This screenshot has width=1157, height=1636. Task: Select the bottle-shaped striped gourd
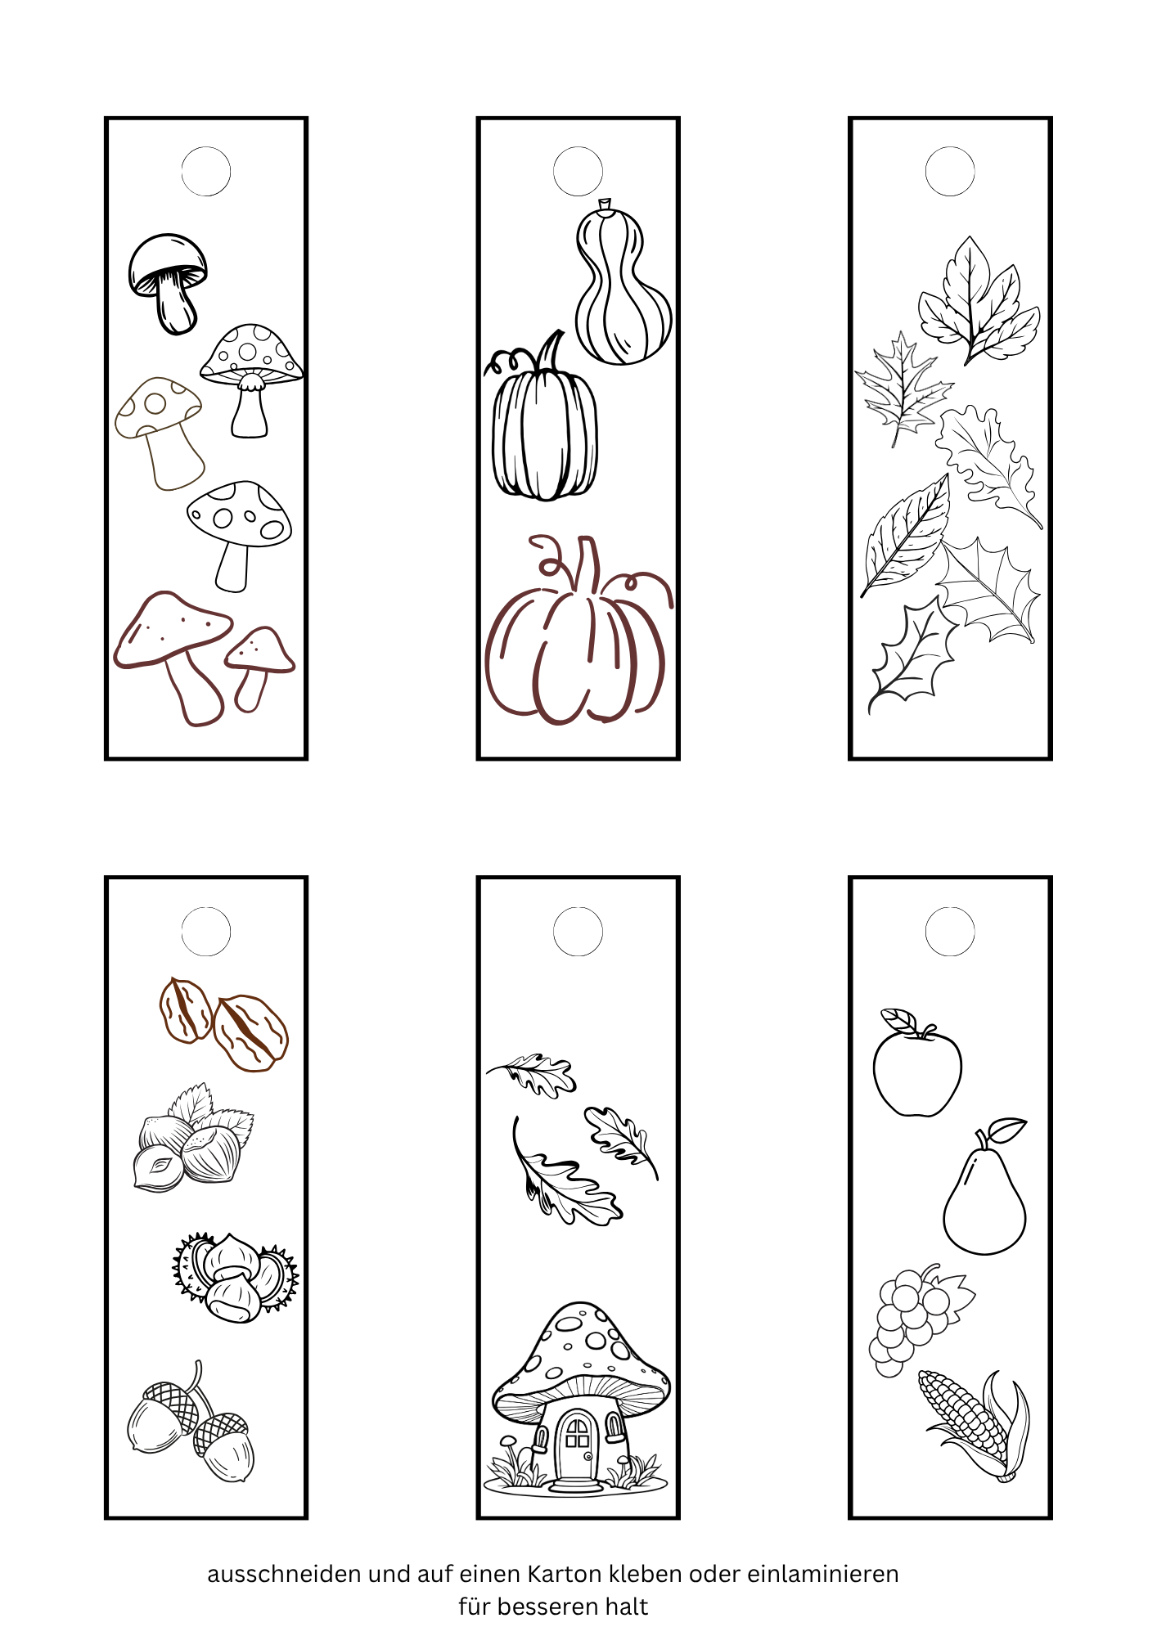click(x=623, y=282)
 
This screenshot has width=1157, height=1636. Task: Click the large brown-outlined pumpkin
click(x=578, y=630)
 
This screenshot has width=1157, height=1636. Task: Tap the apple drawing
click(x=916, y=1063)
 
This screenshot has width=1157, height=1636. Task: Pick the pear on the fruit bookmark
click(x=984, y=1187)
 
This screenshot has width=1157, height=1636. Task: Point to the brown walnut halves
click(x=223, y=1024)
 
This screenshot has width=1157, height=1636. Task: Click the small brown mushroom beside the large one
click(x=259, y=667)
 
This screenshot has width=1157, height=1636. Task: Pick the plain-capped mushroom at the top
click(x=168, y=283)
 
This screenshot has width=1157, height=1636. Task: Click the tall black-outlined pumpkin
click(x=542, y=417)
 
